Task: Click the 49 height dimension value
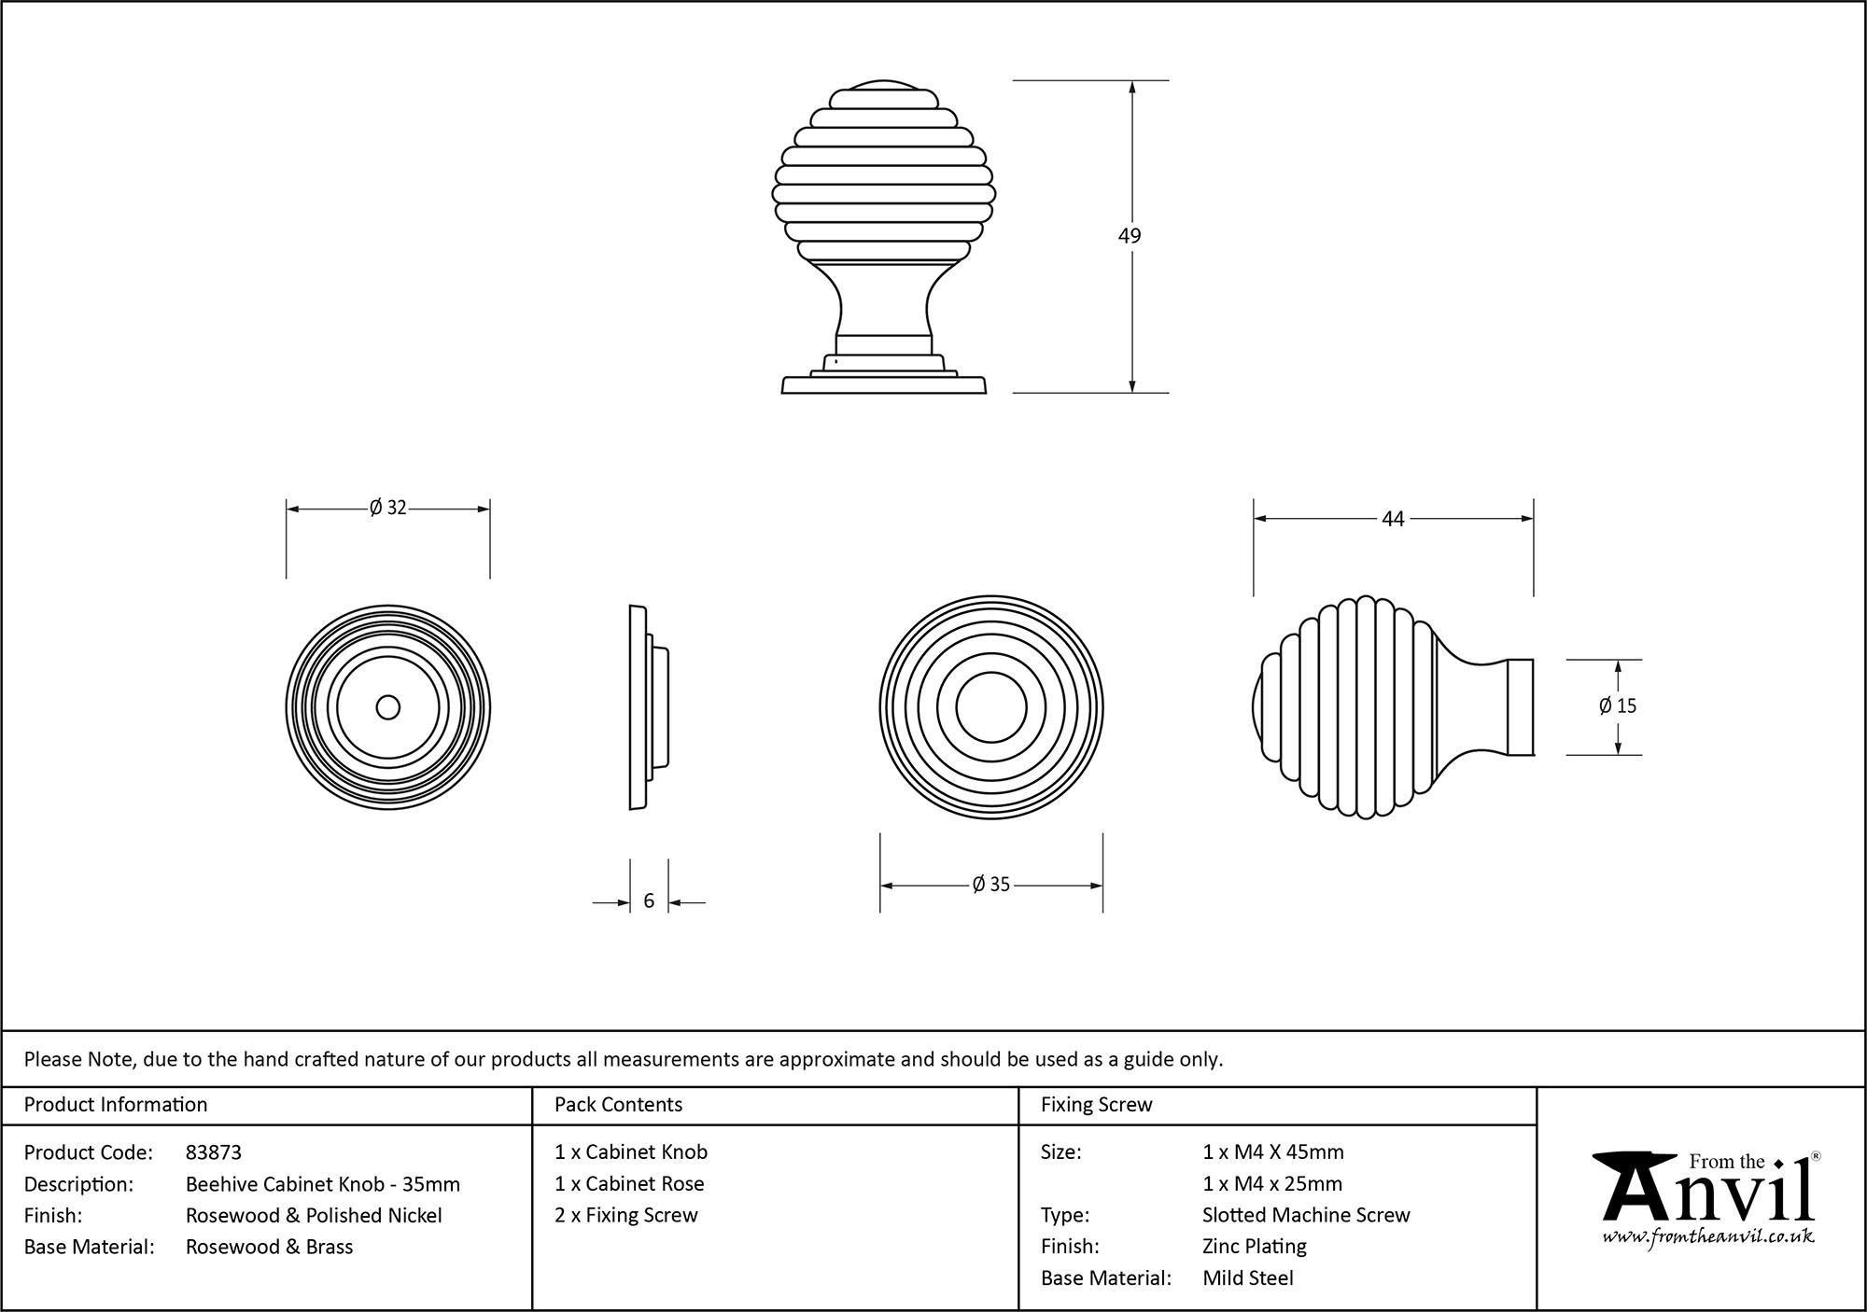[x=1130, y=236]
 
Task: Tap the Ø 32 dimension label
[x=387, y=508]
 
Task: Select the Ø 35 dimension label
[x=990, y=885]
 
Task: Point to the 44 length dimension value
[x=1392, y=519]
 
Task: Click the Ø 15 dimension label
[x=1617, y=706]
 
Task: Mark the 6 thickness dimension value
[x=649, y=901]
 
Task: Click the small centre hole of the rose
[x=387, y=707]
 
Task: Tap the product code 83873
[x=214, y=1152]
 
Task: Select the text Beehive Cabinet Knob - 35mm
[x=322, y=1184]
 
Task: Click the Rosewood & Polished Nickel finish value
[x=314, y=1215]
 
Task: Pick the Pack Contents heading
[x=618, y=1105]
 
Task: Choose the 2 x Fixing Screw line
[x=625, y=1215]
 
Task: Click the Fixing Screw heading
[x=1096, y=1105]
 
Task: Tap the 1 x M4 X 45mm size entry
[x=1273, y=1152]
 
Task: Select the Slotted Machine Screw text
[x=1306, y=1215]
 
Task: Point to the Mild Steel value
[x=1248, y=1277]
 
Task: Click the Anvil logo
[x=1708, y=1190]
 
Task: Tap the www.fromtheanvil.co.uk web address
[x=1708, y=1237]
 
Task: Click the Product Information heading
[x=116, y=1105]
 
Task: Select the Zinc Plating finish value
[x=1255, y=1246]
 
